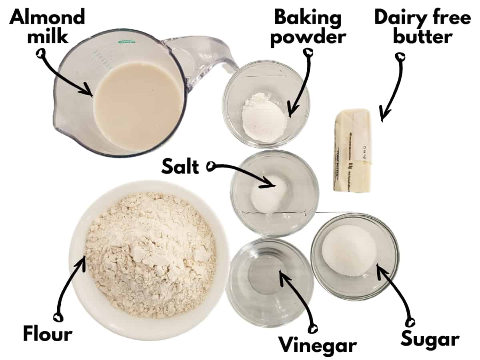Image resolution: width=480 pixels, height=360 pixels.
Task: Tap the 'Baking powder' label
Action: pos(308,27)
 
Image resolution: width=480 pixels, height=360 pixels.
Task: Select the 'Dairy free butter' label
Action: pos(422,27)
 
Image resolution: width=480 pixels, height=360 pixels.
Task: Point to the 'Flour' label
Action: pos(48,334)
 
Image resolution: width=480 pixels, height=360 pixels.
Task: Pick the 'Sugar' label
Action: pos(430,339)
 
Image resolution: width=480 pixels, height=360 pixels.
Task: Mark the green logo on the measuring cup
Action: pos(126,42)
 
